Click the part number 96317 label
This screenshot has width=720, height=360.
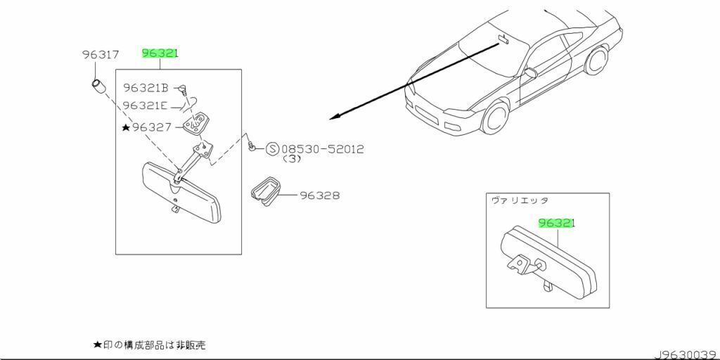pyautogui.click(x=100, y=54)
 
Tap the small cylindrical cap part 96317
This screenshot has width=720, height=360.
pyautogui.click(x=98, y=88)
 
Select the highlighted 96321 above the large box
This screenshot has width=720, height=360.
pyautogui.click(x=160, y=53)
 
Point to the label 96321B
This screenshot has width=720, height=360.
pyautogui.click(x=146, y=88)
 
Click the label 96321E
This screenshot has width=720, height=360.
pyautogui.click(x=145, y=105)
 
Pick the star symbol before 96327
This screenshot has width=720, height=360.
pyautogui.click(x=126, y=127)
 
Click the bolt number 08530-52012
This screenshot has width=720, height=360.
pyautogui.click(x=323, y=149)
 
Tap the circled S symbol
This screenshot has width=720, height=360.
pyautogui.click(x=272, y=149)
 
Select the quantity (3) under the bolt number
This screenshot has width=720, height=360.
pyautogui.click(x=292, y=160)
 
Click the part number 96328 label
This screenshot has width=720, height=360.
pyautogui.click(x=320, y=195)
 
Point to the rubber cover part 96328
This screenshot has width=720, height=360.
pyautogui.click(x=265, y=192)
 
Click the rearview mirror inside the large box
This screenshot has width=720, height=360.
pyautogui.click(x=181, y=190)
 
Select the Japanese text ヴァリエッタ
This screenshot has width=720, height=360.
pyautogui.click(x=520, y=200)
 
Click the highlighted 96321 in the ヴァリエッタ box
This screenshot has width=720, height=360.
pyautogui.click(x=557, y=223)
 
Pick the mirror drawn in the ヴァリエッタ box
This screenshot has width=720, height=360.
pyautogui.click(x=548, y=260)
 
